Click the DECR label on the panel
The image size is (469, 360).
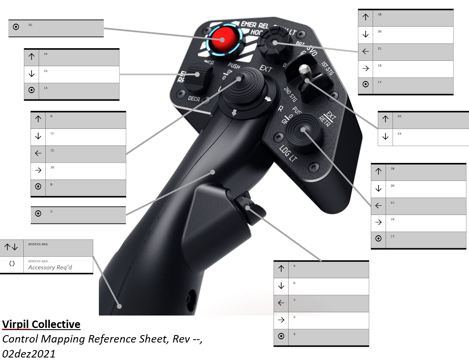[194, 99]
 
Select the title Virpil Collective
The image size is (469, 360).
[41, 324]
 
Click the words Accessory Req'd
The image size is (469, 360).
[50, 267]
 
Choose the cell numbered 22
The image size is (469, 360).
[430, 120]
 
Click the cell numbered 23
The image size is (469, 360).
[430, 137]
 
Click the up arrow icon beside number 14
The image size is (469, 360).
[32, 57]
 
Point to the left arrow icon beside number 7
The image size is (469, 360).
[281, 303]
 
